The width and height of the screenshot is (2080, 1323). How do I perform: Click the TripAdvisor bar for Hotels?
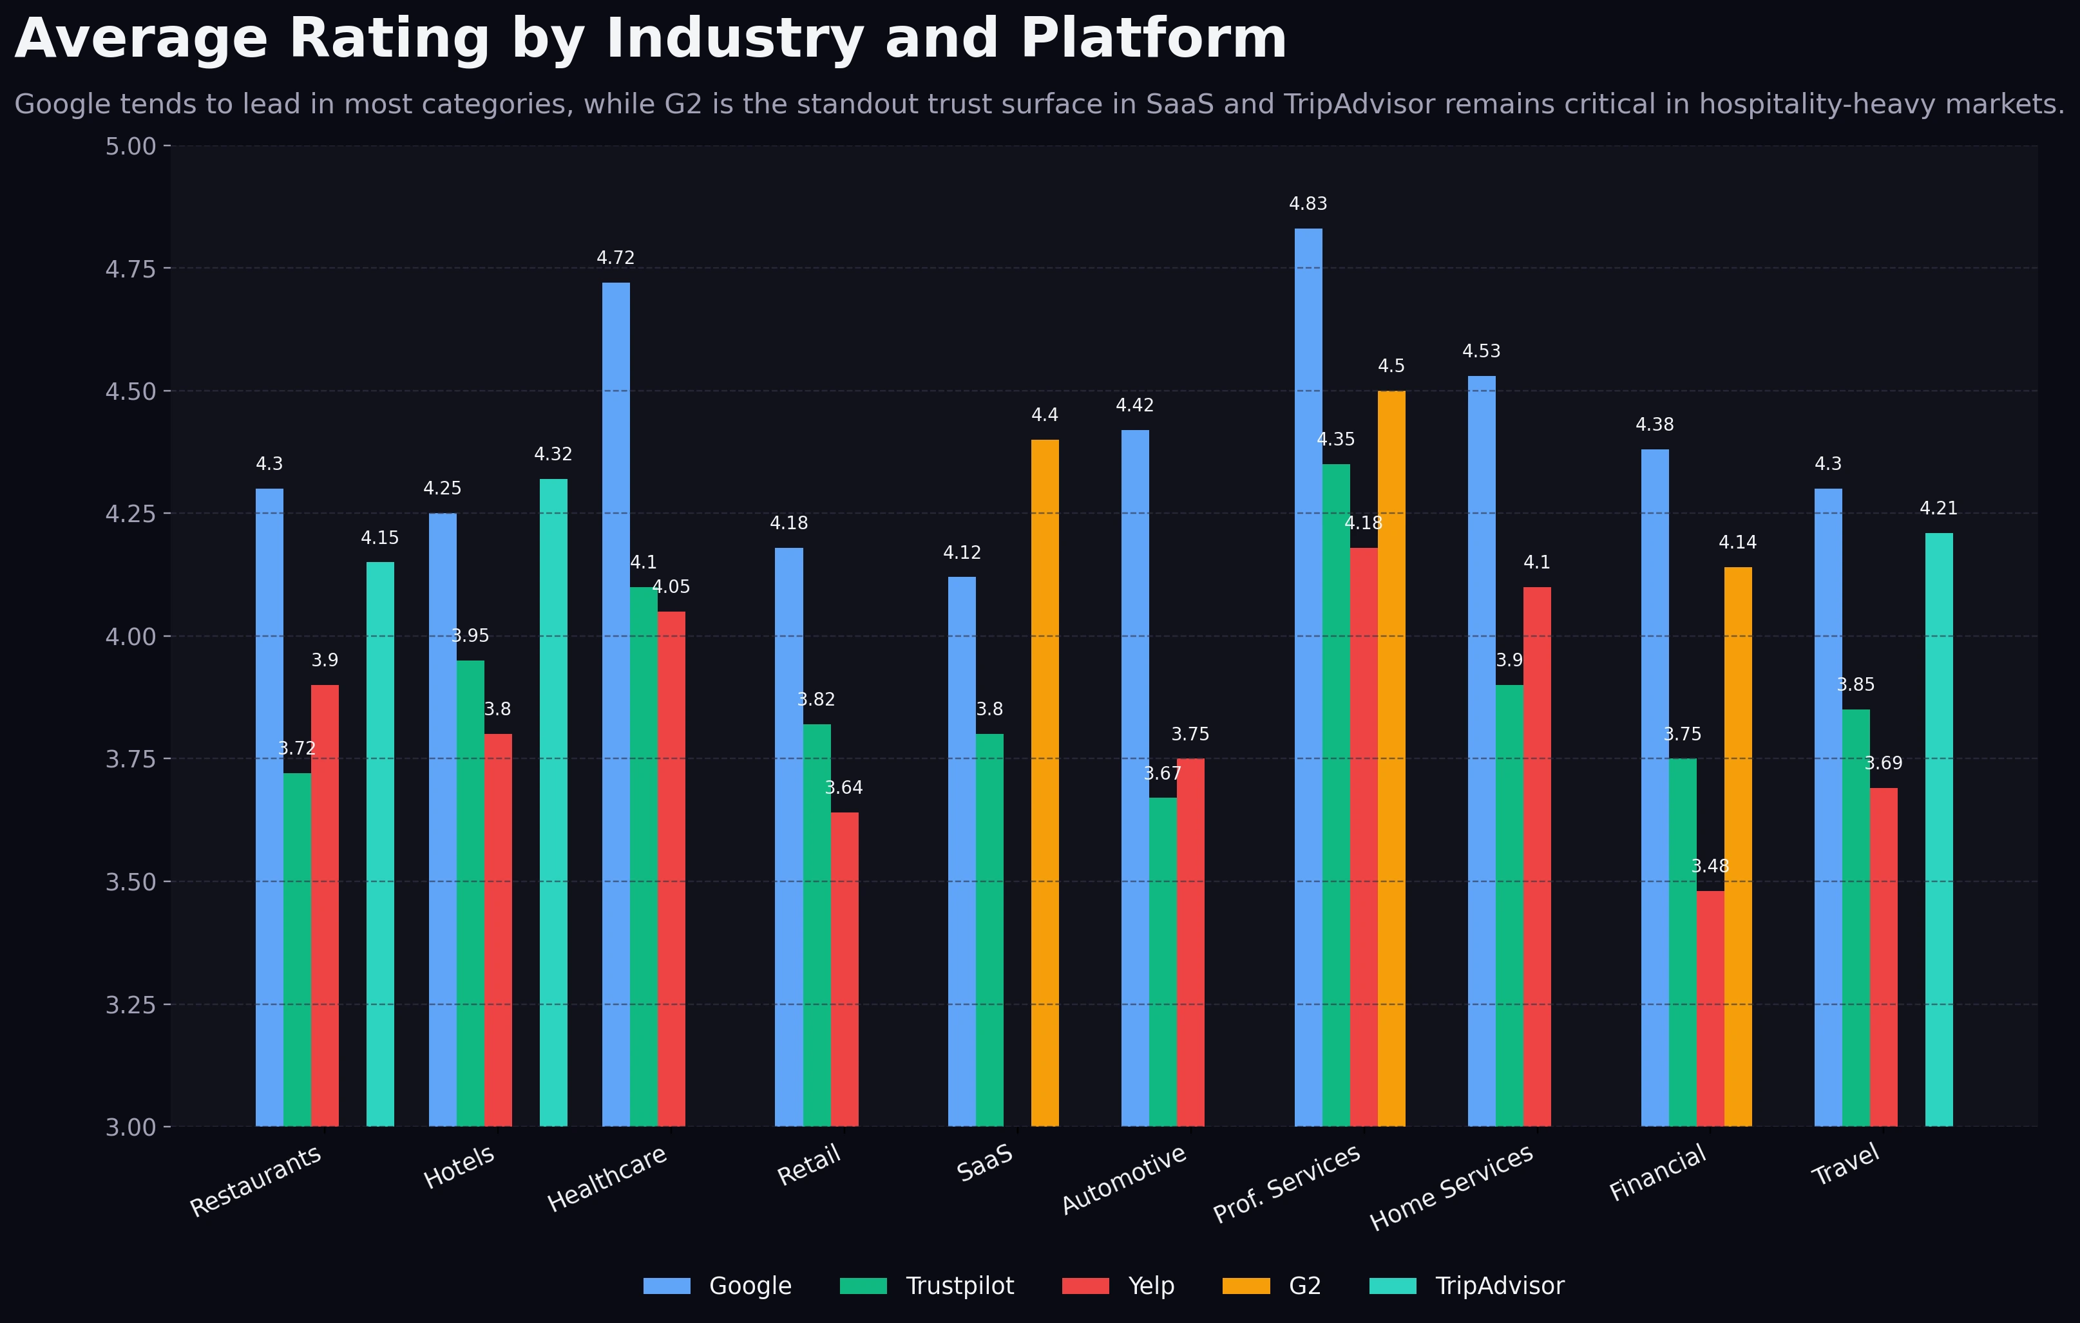click(x=553, y=802)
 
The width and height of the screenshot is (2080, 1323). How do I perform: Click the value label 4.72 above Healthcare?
click(x=615, y=258)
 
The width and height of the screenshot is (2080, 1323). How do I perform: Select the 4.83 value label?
click(x=1308, y=205)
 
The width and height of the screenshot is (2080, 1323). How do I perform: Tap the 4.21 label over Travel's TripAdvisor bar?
click(x=1938, y=509)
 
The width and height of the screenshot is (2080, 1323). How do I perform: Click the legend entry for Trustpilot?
click(x=959, y=1286)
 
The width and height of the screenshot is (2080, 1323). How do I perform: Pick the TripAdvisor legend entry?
click(x=1499, y=1286)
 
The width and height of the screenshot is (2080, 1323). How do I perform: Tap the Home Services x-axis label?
click(x=1452, y=1187)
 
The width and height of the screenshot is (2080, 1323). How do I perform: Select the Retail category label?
click(x=809, y=1166)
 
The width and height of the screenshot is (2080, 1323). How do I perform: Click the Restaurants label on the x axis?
click(x=256, y=1181)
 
